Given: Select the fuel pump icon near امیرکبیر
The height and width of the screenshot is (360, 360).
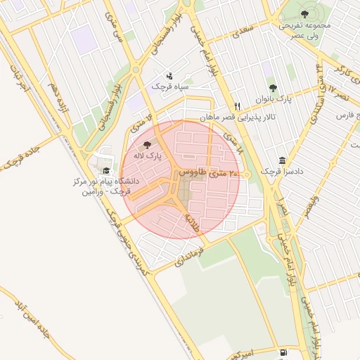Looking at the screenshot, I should pos(283,352).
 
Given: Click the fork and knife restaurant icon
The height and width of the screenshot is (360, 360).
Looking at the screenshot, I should pos(238,106).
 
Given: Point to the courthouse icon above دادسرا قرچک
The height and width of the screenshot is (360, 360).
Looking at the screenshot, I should pos(282,160).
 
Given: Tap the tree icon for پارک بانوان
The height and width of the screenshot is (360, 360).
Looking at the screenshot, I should pos(292,87).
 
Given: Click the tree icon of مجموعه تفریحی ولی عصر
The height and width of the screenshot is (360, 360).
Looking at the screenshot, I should pos(304,13).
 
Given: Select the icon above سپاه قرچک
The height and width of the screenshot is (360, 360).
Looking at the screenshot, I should pos(169,75).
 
